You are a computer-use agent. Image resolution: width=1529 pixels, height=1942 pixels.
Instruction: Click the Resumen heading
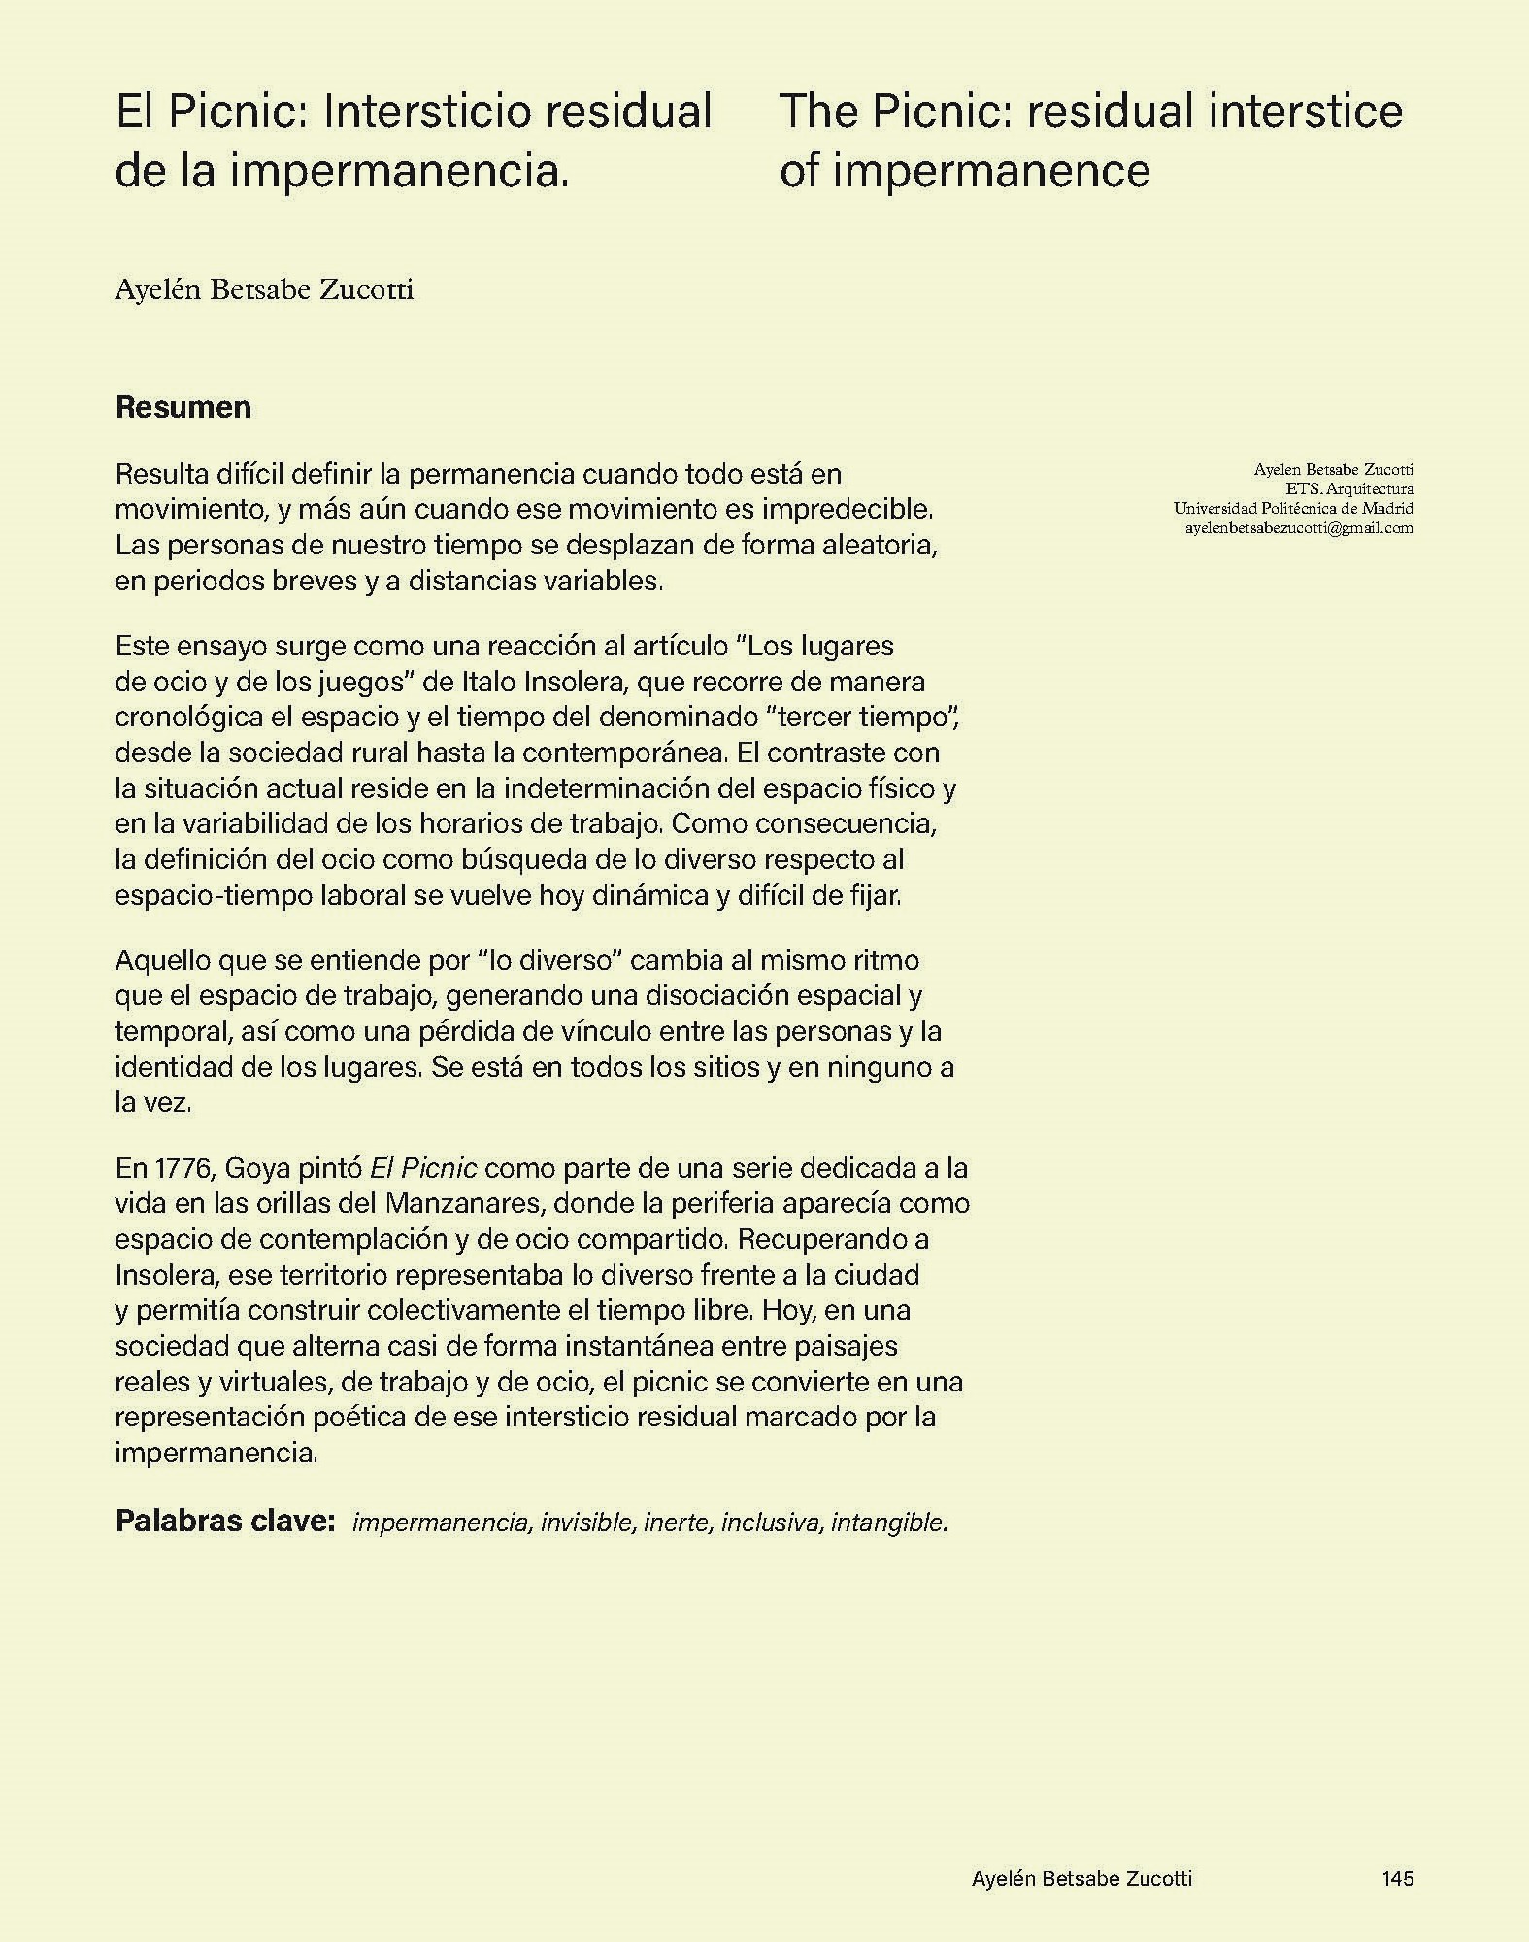(x=183, y=407)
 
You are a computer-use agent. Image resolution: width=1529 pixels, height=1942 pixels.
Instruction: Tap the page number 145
(x=1397, y=1879)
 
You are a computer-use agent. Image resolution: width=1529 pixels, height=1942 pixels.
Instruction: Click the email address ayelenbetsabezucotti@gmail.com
(x=1299, y=528)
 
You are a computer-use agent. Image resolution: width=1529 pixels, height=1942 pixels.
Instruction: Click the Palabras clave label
(x=225, y=1521)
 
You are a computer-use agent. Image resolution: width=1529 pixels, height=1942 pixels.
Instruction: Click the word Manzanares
(x=461, y=1203)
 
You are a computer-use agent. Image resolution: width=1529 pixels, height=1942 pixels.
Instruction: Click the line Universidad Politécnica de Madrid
(x=1292, y=509)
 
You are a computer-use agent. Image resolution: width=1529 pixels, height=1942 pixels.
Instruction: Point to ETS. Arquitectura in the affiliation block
(x=1349, y=489)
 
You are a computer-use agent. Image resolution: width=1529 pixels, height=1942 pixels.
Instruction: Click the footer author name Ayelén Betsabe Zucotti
(x=1081, y=1879)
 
